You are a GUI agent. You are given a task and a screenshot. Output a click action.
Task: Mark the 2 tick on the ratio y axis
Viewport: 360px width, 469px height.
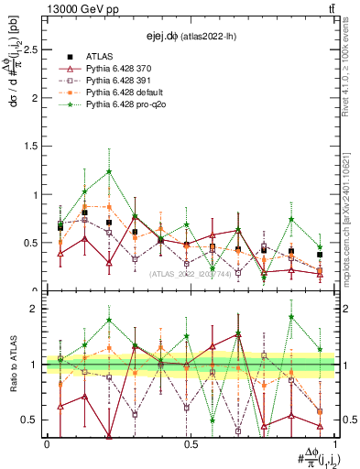37,309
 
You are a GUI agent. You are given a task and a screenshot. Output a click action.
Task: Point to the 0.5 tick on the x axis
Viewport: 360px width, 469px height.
190,444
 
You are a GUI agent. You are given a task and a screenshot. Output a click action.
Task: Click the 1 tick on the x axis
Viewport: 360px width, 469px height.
333,444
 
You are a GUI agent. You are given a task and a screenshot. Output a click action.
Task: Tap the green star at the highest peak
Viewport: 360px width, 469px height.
109,171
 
